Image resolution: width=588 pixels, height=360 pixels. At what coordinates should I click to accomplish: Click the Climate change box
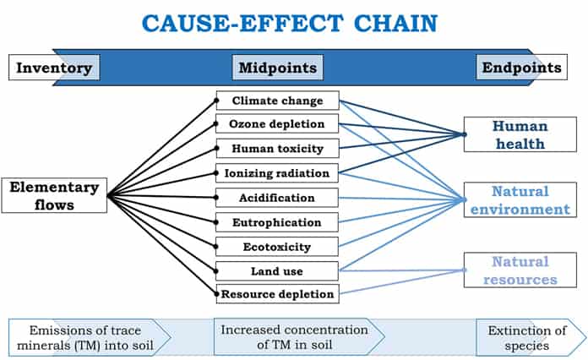277,101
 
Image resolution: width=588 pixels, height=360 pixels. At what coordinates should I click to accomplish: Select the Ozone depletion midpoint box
277,124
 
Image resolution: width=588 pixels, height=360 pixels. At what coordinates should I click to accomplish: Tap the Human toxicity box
277,149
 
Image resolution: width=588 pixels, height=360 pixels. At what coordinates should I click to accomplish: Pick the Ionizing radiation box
277,173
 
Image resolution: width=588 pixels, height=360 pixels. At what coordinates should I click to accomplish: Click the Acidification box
277,198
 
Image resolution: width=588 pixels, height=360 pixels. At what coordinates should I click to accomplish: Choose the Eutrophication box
277,222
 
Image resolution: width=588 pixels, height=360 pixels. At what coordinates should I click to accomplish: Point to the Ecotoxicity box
277,247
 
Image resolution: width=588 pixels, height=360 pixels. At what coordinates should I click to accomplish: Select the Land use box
277,270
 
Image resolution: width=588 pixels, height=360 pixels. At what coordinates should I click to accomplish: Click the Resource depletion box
277,295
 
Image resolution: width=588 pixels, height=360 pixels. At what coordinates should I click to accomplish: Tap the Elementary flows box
54,195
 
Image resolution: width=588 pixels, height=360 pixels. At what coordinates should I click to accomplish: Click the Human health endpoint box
520,134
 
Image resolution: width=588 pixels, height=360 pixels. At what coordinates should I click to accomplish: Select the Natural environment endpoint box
520,200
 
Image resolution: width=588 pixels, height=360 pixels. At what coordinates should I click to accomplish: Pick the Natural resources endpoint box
520,270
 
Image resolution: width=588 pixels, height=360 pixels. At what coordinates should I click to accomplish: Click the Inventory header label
54,68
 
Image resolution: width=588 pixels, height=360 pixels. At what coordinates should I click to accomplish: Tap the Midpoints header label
277,68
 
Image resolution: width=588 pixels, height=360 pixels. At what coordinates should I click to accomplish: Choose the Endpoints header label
520,68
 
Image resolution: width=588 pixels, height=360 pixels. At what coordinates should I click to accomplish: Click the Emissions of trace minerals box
84,337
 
